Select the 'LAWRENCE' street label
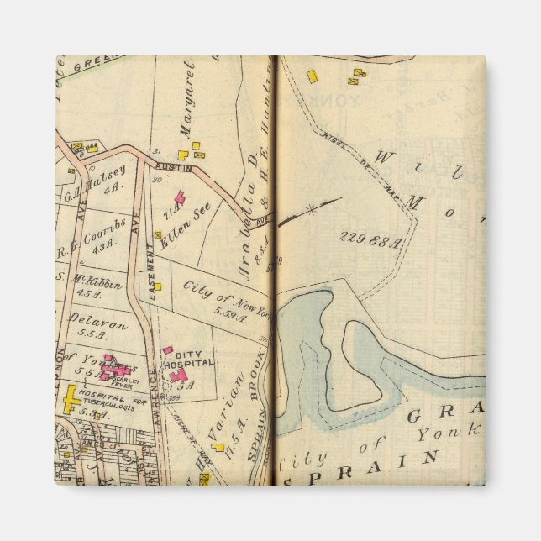tap(155, 387)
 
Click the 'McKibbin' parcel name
tap(92, 281)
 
